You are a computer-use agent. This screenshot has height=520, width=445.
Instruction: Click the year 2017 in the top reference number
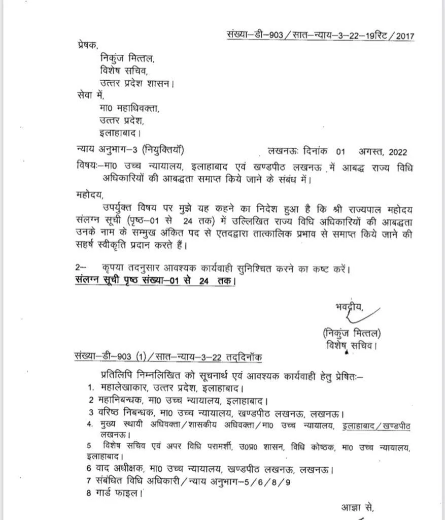[x=404, y=37]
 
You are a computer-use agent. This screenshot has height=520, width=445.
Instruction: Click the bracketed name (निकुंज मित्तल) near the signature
[x=352, y=333]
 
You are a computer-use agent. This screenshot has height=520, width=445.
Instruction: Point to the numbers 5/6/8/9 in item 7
[x=279, y=480]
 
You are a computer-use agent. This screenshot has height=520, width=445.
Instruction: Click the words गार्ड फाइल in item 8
[x=117, y=493]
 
